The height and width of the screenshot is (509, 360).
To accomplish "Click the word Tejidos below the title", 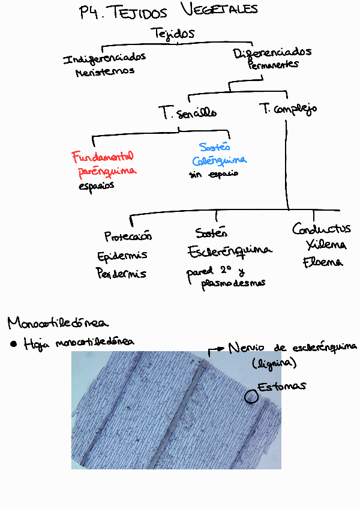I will [x=173, y=34].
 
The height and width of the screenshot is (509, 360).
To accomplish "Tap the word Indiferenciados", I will [x=104, y=59].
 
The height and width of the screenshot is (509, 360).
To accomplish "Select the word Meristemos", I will [x=104, y=71].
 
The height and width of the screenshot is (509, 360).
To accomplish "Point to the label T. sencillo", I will [x=187, y=112].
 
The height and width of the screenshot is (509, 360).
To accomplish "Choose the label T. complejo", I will [x=288, y=109].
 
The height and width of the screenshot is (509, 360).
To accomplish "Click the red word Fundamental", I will [x=103, y=157].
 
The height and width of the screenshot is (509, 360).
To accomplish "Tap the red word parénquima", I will [x=107, y=172].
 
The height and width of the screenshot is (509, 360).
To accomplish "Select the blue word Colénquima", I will [x=220, y=161].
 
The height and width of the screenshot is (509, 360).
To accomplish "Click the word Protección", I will [x=128, y=236].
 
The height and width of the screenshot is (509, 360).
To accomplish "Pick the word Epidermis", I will [x=122, y=256].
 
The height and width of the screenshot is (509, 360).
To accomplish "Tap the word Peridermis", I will [x=121, y=274].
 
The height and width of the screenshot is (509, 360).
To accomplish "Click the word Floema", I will [x=323, y=262].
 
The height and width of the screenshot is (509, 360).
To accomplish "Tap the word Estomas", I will [x=281, y=386].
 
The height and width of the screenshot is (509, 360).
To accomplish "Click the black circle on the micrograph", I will [x=251, y=396].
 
